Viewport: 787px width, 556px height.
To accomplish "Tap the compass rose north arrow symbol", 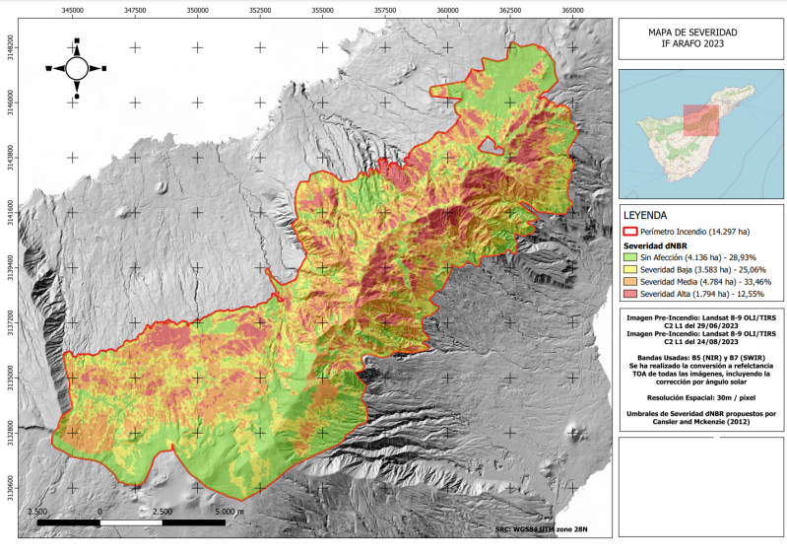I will [x=77, y=67].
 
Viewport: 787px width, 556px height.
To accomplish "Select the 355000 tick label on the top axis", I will [x=322, y=9].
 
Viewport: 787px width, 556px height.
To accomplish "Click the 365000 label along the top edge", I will [x=572, y=9].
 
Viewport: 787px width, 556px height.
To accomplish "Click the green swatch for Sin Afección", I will [x=630, y=256].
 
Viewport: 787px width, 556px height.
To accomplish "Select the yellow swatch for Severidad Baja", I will [x=630, y=269].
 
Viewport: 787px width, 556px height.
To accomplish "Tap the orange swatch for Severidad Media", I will [x=630, y=282].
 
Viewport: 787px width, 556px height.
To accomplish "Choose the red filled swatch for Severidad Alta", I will [x=630, y=295].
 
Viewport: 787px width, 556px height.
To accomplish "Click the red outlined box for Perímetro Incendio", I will [x=630, y=231].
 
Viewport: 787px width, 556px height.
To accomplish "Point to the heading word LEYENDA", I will [x=646, y=214].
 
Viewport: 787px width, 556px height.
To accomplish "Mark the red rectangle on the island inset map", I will [x=700, y=119].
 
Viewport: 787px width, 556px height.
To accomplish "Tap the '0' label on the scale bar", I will [x=101, y=513].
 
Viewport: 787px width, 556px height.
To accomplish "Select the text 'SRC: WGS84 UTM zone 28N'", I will [x=542, y=530].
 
